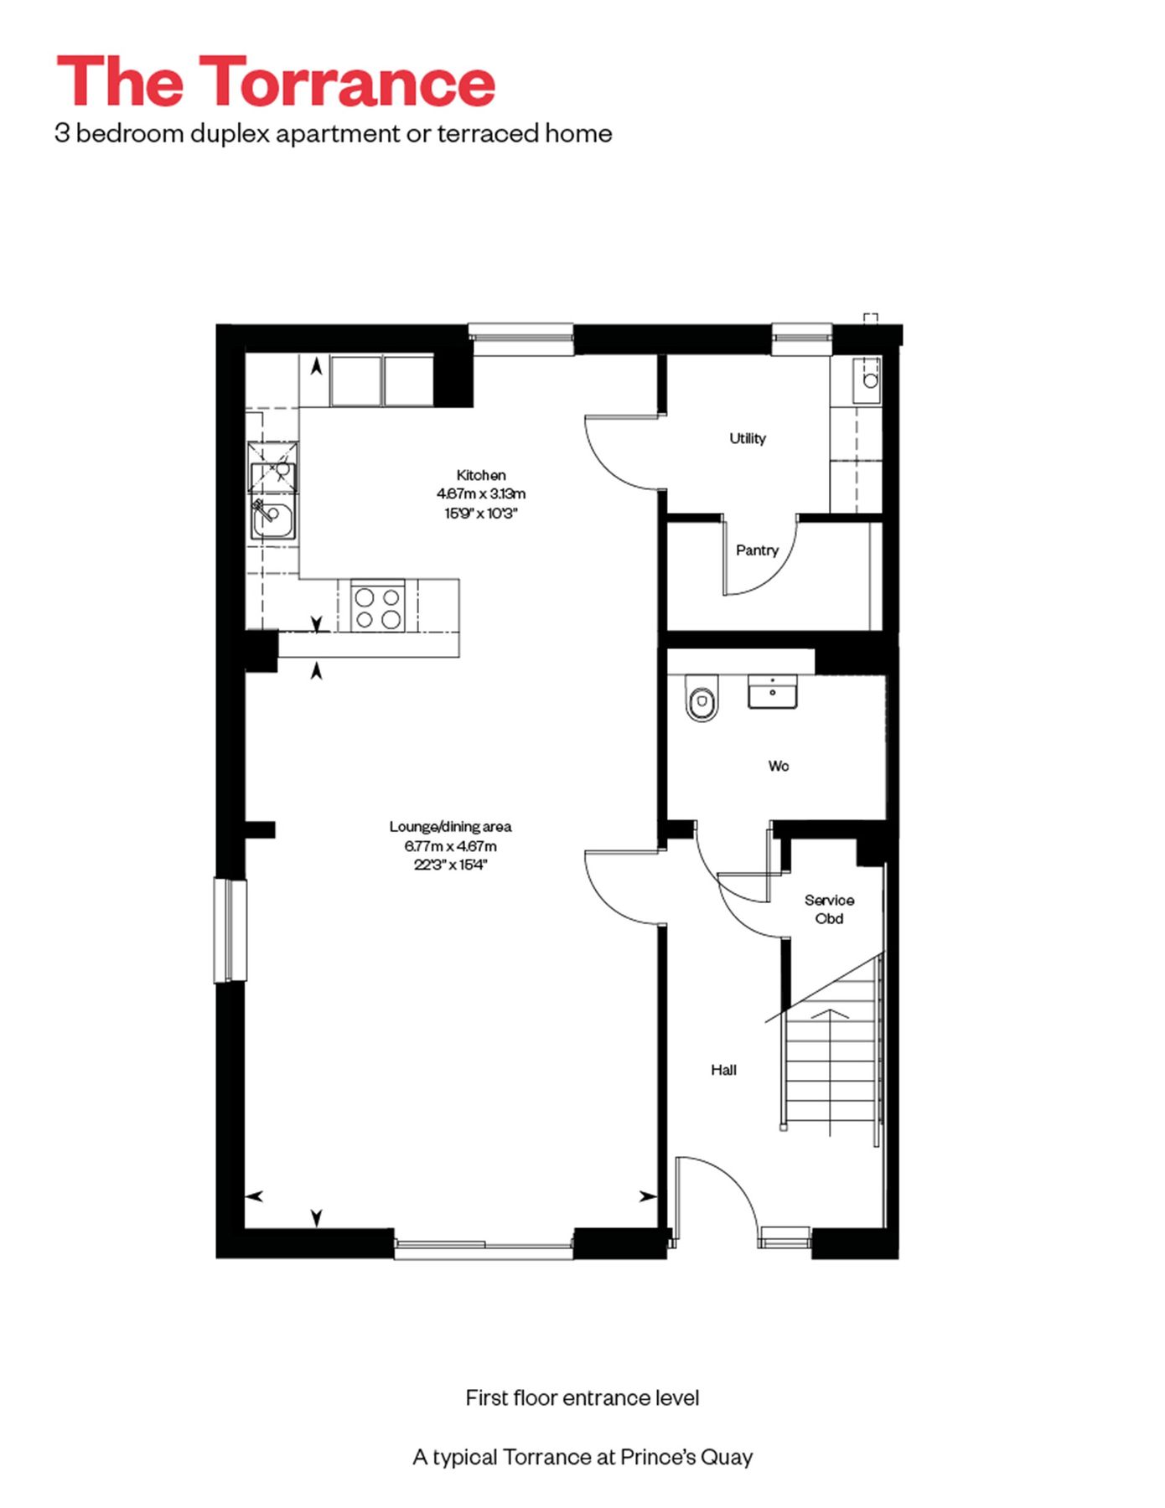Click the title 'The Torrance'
(276, 81)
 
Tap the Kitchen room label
(480, 475)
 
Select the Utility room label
(747, 438)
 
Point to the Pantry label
(757, 550)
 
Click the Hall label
(723, 1070)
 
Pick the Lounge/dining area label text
(450, 827)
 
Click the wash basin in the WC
(772, 693)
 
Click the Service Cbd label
(829, 909)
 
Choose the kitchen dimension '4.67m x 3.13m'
(480, 494)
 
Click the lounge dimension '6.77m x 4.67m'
(450, 846)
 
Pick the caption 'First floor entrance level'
(582, 1397)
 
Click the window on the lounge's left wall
(230, 930)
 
